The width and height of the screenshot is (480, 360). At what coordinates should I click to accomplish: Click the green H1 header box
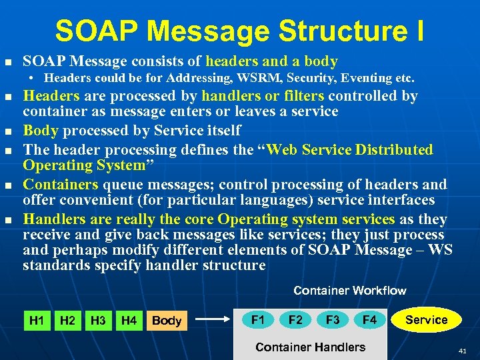tap(37, 321)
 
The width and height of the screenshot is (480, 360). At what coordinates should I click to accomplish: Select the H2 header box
tap(67, 321)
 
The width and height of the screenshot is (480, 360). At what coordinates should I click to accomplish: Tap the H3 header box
tap(98, 321)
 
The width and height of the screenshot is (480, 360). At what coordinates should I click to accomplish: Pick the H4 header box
tap(129, 321)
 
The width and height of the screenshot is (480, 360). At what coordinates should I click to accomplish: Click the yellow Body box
tap(167, 321)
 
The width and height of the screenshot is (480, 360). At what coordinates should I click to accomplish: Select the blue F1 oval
tap(258, 319)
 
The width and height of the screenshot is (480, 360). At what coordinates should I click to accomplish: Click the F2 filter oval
tap(295, 319)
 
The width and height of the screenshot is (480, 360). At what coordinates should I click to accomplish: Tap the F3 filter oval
tap(333, 319)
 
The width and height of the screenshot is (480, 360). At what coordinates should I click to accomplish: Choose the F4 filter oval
tap(370, 319)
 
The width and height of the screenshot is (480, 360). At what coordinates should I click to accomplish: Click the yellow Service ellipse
tap(427, 319)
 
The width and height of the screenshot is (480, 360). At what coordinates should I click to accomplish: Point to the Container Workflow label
tap(349, 291)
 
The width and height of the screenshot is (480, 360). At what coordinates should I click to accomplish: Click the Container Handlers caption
tap(310, 347)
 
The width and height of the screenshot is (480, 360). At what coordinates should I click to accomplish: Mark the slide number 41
tap(463, 351)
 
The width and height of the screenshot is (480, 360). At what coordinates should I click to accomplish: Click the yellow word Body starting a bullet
tap(39, 130)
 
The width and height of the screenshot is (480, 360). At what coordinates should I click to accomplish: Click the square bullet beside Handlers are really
tap(8, 219)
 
